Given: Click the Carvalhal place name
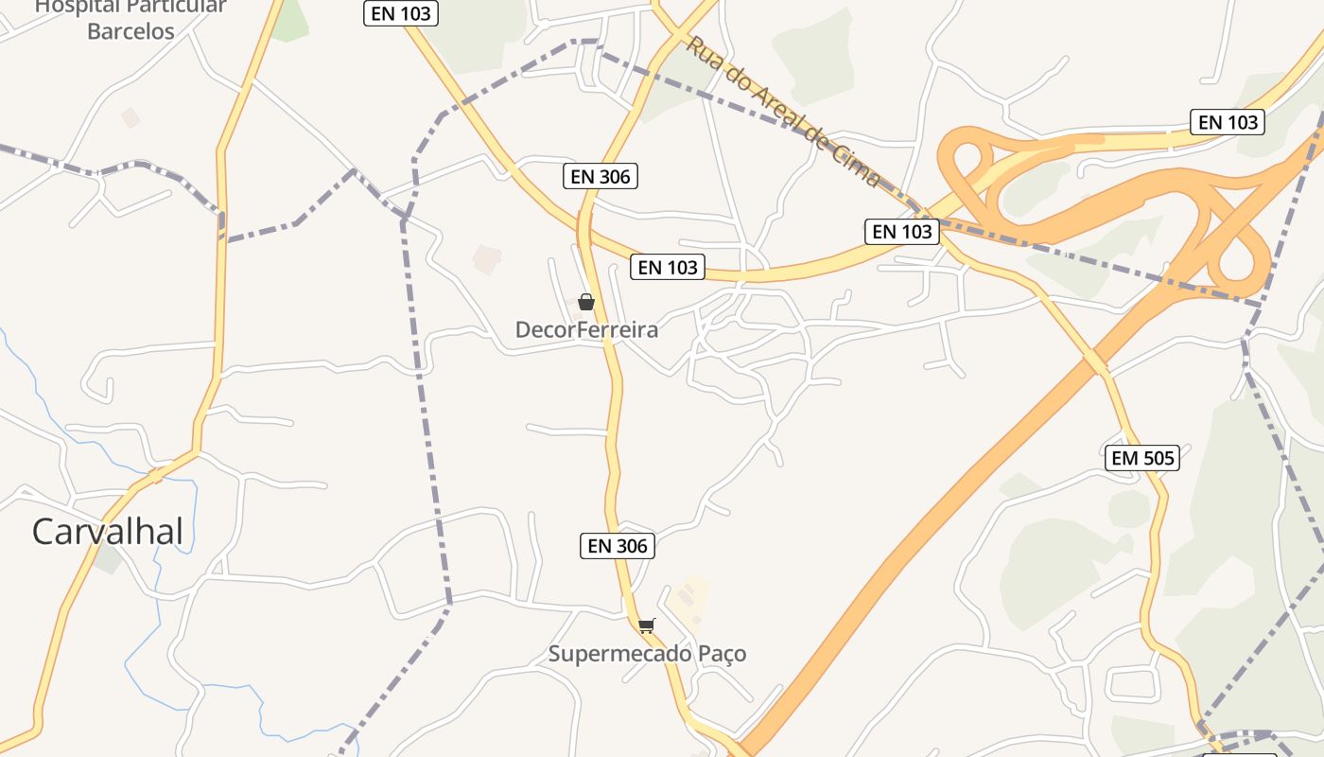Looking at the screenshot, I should (x=107, y=532).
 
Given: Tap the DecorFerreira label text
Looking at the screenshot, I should (x=586, y=330).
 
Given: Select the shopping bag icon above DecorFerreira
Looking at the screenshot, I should (x=586, y=302).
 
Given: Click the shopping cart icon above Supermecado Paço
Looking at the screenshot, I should (x=646, y=625).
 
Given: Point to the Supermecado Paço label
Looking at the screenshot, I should (x=647, y=654).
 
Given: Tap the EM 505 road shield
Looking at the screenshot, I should (x=1142, y=459).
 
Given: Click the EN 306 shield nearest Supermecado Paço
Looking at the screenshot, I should (x=618, y=546).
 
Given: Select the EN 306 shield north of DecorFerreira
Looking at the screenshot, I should (x=601, y=176).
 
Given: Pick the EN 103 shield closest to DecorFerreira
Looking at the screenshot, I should (x=668, y=268).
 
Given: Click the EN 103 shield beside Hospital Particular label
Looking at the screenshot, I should (x=400, y=13).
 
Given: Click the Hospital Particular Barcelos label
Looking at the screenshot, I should (x=131, y=19).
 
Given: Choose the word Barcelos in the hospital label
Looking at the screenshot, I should (x=131, y=31).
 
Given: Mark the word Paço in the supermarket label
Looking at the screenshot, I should (x=723, y=654).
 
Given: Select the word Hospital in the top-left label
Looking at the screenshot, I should (x=76, y=7).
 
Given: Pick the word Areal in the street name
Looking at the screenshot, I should (x=767, y=99).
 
